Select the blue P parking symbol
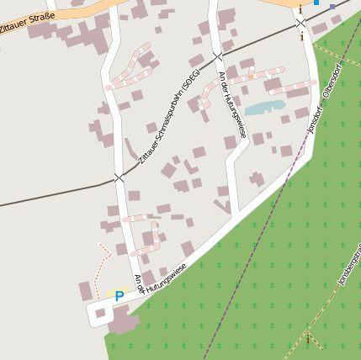coord(119,296)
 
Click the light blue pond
coord(265,107)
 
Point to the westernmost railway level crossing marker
coord(119,177)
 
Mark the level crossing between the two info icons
coord(300,23)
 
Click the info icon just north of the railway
coord(300,9)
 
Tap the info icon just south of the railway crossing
coord(301,36)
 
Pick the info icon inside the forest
coord(307,337)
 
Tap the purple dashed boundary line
coord(252,252)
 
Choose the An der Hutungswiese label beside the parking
coord(160,279)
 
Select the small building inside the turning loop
coord(100,313)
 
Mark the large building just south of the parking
coord(124,320)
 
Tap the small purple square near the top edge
coord(332,7)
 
